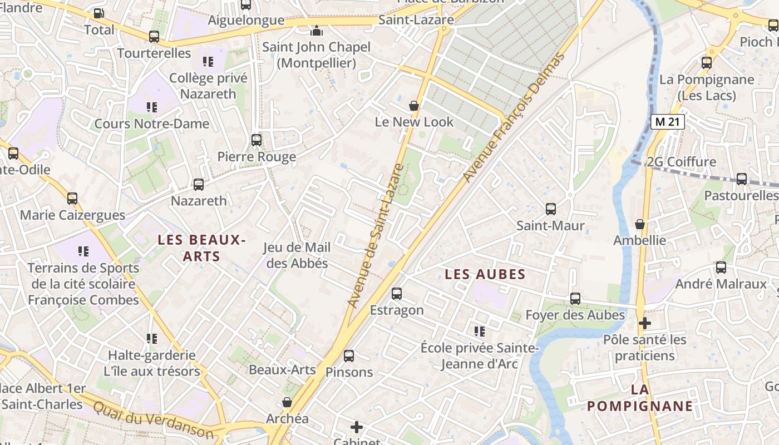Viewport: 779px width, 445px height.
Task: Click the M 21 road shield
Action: [667, 122]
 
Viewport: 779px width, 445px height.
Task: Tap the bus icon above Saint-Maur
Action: [550, 209]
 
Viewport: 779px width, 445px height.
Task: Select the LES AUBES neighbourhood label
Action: [485, 274]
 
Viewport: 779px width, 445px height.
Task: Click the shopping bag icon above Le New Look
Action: [413, 106]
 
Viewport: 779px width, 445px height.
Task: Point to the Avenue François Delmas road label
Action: [514, 117]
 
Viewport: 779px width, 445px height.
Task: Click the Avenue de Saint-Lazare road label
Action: [374, 236]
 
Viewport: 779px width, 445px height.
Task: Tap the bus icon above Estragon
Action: [396, 294]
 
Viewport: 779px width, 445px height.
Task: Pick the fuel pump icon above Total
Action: [98, 13]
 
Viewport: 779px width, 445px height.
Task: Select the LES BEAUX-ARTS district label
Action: [201, 248]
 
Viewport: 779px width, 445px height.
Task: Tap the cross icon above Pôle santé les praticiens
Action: [644, 323]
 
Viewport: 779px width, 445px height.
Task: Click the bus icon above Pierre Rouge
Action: [256, 140]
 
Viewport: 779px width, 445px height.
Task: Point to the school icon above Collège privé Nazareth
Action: [208, 62]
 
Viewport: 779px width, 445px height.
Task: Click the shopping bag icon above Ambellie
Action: [639, 224]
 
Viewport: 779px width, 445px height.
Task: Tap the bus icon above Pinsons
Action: [348, 356]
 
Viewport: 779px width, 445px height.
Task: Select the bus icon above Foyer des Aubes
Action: [575, 299]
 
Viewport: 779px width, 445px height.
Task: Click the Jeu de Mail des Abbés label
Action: [297, 255]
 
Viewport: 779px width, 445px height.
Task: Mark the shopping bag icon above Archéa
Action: [287, 402]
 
